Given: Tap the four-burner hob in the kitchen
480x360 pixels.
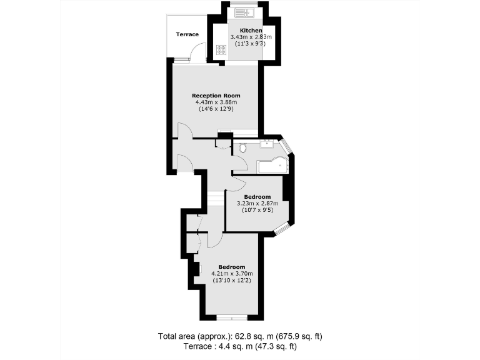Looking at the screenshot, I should pyautogui.click(x=221, y=50).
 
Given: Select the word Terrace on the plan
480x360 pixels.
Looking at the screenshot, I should pyautogui.click(x=187, y=34).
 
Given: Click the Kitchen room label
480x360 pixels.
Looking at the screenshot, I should pyautogui.click(x=251, y=31).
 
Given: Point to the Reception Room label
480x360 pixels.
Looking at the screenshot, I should pyautogui.click(x=216, y=96).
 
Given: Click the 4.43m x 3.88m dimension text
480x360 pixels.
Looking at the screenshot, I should pyautogui.click(x=216, y=102).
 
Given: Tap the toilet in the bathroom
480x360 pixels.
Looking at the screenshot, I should pyautogui.click(x=242, y=148).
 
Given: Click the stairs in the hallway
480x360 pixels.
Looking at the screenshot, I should pyautogui.click(x=216, y=199).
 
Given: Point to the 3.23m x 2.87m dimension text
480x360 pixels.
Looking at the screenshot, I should pyautogui.click(x=257, y=203).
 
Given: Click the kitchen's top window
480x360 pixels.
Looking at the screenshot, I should pyautogui.click(x=240, y=4).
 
